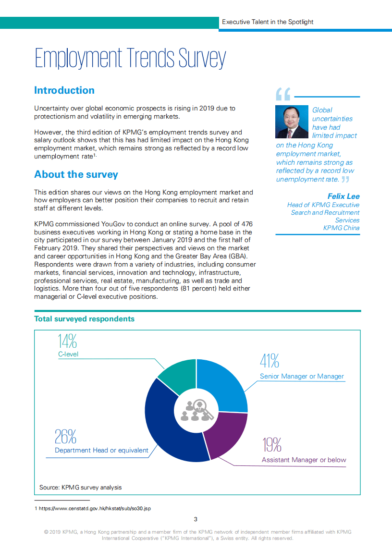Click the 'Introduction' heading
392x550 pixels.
click(64, 90)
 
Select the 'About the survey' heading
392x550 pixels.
click(76, 174)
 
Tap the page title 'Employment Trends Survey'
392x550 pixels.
click(130, 59)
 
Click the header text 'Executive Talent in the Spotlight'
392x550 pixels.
click(268, 22)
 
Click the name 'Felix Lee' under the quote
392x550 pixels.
click(343, 196)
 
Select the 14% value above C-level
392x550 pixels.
click(67, 342)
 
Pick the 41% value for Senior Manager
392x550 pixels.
click(269, 361)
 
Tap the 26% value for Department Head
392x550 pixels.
click(65, 437)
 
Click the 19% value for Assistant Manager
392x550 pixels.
click(272, 445)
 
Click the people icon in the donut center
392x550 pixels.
click(196, 411)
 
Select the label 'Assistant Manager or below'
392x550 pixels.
click(304, 460)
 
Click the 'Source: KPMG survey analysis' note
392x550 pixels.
click(81, 487)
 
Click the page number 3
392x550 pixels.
click(196, 519)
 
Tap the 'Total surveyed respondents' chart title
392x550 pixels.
click(85, 319)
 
